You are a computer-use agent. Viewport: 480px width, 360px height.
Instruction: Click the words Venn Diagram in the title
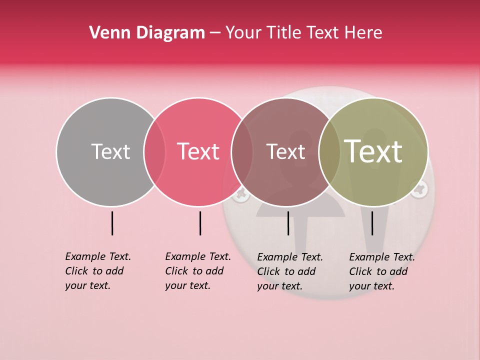pyautogui.click(x=147, y=33)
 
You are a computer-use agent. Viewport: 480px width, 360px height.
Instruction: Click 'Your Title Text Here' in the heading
pyautogui.click(x=303, y=33)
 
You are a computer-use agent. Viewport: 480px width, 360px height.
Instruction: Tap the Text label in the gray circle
pyautogui.click(x=110, y=151)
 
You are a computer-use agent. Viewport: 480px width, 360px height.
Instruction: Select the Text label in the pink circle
pyautogui.click(x=198, y=151)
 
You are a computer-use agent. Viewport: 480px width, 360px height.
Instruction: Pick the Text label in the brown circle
pyautogui.click(x=285, y=151)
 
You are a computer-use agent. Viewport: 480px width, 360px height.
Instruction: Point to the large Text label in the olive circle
pyautogui.click(x=373, y=151)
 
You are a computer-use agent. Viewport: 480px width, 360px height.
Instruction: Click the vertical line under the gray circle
pyautogui.click(x=112, y=223)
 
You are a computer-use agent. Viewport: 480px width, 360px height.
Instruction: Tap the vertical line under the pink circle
pyautogui.click(x=200, y=223)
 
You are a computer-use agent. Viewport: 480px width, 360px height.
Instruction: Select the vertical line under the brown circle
pyautogui.click(x=288, y=223)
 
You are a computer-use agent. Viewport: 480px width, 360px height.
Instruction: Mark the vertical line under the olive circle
pyautogui.click(x=372, y=223)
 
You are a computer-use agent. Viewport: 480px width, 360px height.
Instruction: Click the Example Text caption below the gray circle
pyautogui.click(x=98, y=271)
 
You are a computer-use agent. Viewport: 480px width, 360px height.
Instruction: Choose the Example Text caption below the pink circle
pyautogui.click(x=198, y=271)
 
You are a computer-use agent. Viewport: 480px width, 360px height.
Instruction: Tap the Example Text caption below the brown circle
pyautogui.click(x=290, y=271)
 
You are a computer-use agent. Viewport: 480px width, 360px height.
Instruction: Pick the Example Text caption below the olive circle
pyautogui.click(x=382, y=271)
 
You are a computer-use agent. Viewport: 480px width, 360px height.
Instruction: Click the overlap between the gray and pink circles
pyautogui.click(x=154, y=152)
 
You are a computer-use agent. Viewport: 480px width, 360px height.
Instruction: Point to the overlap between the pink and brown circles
pyautogui.click(x=242, y=152)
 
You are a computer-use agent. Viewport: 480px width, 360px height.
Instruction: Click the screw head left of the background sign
pyautogui.click(x=241, y=194)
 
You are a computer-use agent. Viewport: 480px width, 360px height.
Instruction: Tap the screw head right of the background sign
pyautogui.click(x=419, y=188)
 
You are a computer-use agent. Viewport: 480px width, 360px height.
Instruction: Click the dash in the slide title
pyautogui.click(x=215, y=33)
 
